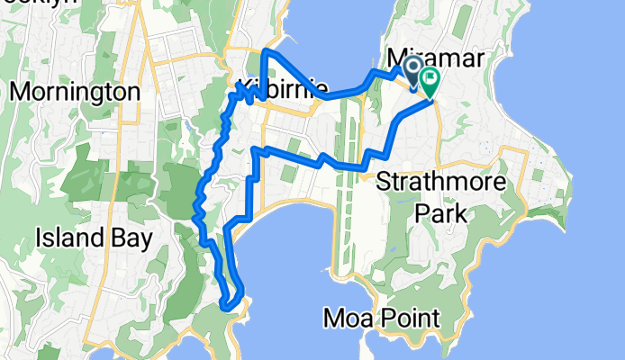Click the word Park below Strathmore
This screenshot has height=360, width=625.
[x=440, y=214]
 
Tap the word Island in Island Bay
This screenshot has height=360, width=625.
[x=66, y=238]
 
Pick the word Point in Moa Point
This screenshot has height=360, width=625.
[x=409, y=318]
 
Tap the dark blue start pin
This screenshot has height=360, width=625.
[x=413, y=71]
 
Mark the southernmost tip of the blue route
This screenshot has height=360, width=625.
[x=228, y=306]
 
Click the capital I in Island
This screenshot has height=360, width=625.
[x=39, y=238]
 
